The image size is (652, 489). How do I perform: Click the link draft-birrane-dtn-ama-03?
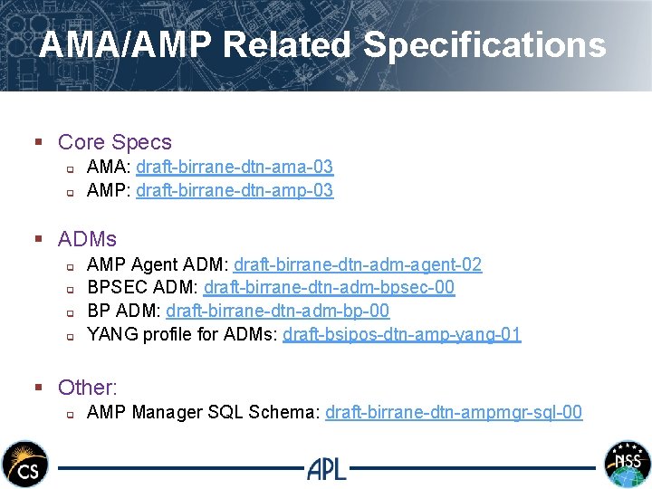click(x=235, y=167)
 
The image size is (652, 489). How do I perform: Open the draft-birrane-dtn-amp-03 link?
click(x=235, y=190)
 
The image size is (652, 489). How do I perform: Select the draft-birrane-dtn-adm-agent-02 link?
click(x=358, y=264)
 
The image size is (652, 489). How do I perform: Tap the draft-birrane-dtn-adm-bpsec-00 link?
click(x=329, y=287)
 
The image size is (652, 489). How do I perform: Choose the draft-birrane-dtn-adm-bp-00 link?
click(x=278, y=311)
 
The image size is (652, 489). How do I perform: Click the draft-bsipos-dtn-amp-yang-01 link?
click(x=402, y=334)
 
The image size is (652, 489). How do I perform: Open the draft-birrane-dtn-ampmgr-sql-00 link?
click(x=454, y=412)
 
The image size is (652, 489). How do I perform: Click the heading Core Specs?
click(x=114, y=142)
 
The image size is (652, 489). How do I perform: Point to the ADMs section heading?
click(x=87, y=239)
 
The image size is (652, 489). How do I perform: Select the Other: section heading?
click(x=88, y=388)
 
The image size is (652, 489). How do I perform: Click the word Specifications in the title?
click(x=484, y=44)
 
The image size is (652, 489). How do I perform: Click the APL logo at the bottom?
click(x=327, y=468)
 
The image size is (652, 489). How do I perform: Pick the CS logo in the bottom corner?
click(x=24, y=465)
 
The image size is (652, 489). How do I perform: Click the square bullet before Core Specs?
click(x=39, y=143)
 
